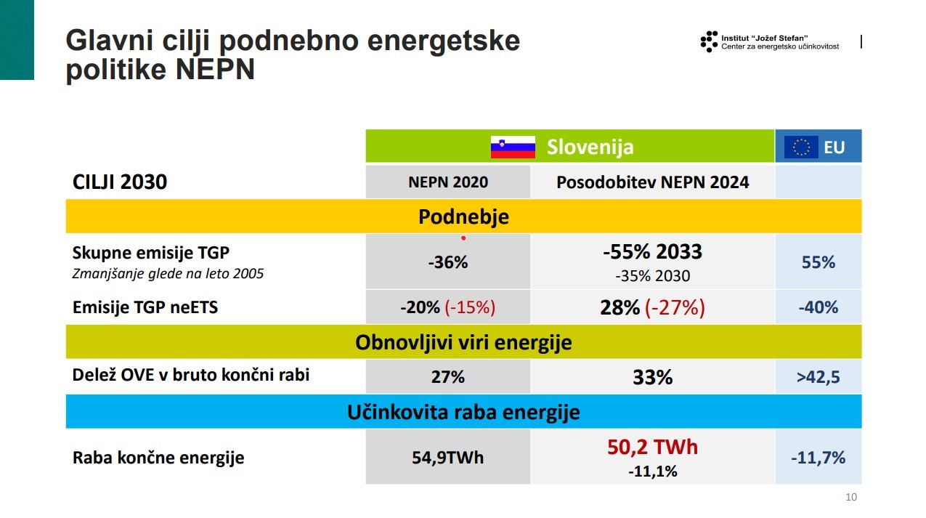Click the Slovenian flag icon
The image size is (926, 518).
click(513, 147)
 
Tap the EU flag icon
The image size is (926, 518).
click(800, 147)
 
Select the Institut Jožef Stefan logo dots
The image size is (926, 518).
click(709, 41)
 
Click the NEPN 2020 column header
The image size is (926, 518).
click(448, 182)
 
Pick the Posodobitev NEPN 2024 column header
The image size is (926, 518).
click(652, 182)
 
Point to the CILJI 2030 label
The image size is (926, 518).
click(120, 182)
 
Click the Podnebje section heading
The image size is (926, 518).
click(463, 216)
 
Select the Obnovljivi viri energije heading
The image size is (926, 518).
click(463, 342)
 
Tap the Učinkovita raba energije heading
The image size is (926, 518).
click(463, 413)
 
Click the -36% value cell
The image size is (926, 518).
click(447, 262)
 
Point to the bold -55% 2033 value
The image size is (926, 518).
click(652, 252)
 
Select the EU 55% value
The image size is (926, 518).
click(818, 262)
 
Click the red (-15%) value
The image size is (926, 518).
click(470, 307)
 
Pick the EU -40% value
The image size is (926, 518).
click(818, 307)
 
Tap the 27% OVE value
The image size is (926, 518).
click(447, 377)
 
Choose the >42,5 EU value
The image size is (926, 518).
click(818, 377)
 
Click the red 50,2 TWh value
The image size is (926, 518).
click(652, 447)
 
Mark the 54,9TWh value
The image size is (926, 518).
click(447, 458)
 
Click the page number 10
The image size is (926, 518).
click(851, 498)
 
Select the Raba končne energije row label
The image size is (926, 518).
click(158, 458)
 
